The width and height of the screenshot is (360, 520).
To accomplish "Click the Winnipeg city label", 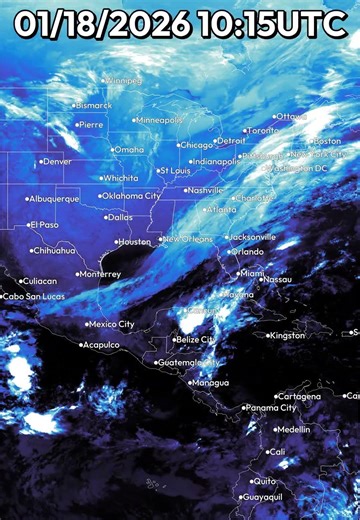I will tap(124, 80).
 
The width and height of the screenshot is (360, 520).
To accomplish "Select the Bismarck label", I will tap(95, 105).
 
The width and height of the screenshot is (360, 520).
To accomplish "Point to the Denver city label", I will tap(57, 161).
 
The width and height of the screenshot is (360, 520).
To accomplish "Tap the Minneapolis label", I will tap(161, 120).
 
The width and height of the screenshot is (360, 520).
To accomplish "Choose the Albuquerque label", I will tap(54, 199).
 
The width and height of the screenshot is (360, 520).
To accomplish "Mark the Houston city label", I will tap(134, 242).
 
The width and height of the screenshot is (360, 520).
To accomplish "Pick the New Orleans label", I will tap(189, 240).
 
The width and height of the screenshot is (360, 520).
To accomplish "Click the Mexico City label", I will tap(112, 324).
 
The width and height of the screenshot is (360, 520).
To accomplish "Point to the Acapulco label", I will tap(101, 345).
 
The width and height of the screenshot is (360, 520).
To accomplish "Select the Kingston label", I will tap(288, 335).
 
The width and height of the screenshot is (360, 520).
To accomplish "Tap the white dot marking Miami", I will tap(235, 273).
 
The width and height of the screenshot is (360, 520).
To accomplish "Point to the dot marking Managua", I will tap(190, 382).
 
